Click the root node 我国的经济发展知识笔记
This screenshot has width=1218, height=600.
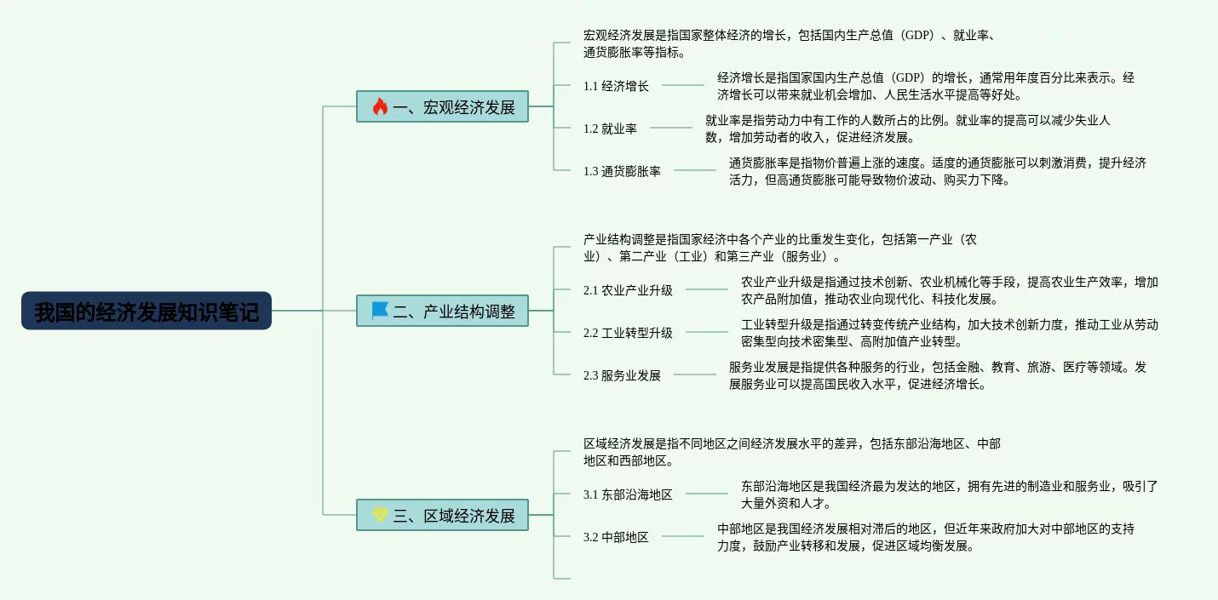(146, 311)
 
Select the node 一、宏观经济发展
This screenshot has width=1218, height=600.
(442, 106)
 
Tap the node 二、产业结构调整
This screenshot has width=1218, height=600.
(442, 311)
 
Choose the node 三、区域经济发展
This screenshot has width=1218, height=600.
(442, 515)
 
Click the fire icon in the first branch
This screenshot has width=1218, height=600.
(380, 106)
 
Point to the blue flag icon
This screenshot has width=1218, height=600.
(380, 311)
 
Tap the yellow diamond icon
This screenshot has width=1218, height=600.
(380, 515)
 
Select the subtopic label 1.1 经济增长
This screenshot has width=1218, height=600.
(616, 86)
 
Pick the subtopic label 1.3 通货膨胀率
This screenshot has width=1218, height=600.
(622, 171)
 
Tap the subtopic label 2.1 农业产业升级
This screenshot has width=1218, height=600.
(628, 290)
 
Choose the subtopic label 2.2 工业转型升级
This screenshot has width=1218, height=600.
(628, 333)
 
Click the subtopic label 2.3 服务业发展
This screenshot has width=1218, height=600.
(622, 375)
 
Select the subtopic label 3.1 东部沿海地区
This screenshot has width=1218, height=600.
(628, 494)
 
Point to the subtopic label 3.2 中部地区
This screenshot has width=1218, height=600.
(616, 537)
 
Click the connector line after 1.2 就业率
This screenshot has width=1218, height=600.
(671, 128)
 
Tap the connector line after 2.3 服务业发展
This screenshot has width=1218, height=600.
(695, 374)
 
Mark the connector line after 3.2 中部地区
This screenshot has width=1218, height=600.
(683, 536)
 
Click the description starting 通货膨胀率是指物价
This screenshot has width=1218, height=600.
(937, 171)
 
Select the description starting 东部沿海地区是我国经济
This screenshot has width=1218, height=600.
(949, 494)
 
